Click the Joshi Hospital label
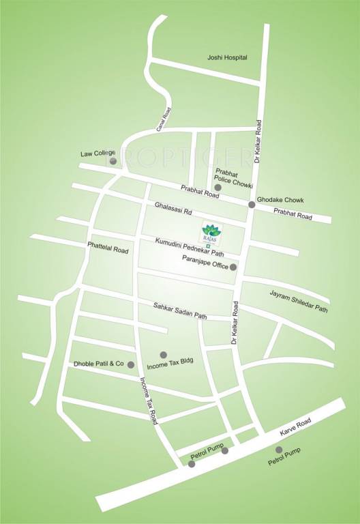[227, 58]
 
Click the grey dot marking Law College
[113, 161]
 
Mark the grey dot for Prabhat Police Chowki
[217, 187]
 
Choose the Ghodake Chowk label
[281, 200]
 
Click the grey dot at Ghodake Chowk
[252, 205]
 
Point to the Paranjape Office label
[205, 259]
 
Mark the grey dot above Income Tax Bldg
[163, 354]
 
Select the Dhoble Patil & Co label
[100, 364]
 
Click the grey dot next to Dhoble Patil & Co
[131, 365]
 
